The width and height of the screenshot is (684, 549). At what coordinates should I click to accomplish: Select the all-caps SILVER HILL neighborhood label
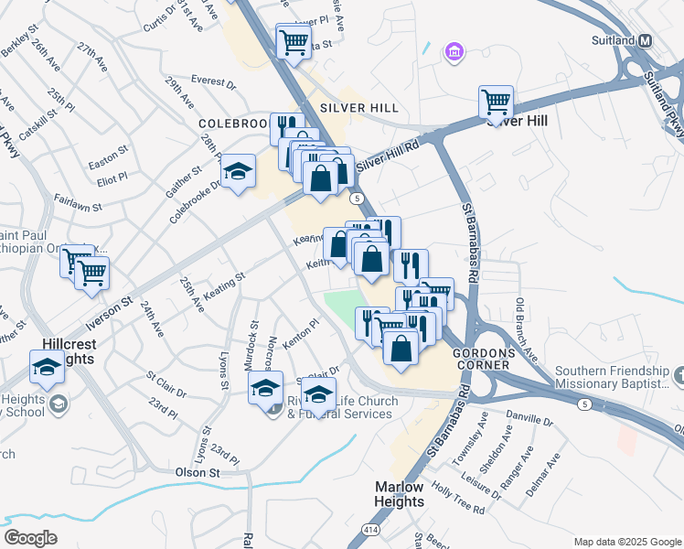[x=359, y=108]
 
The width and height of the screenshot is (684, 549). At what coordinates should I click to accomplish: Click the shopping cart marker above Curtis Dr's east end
[x=294, y=41]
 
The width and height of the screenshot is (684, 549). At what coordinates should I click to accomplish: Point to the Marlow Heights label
[x=399, y=495]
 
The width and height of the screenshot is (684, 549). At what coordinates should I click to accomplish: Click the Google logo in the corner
[x=30, y=538]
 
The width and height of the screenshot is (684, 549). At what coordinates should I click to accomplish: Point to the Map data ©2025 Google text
[x=626, y=541]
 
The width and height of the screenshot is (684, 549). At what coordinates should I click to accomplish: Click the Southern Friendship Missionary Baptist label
[x=612, y=377]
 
